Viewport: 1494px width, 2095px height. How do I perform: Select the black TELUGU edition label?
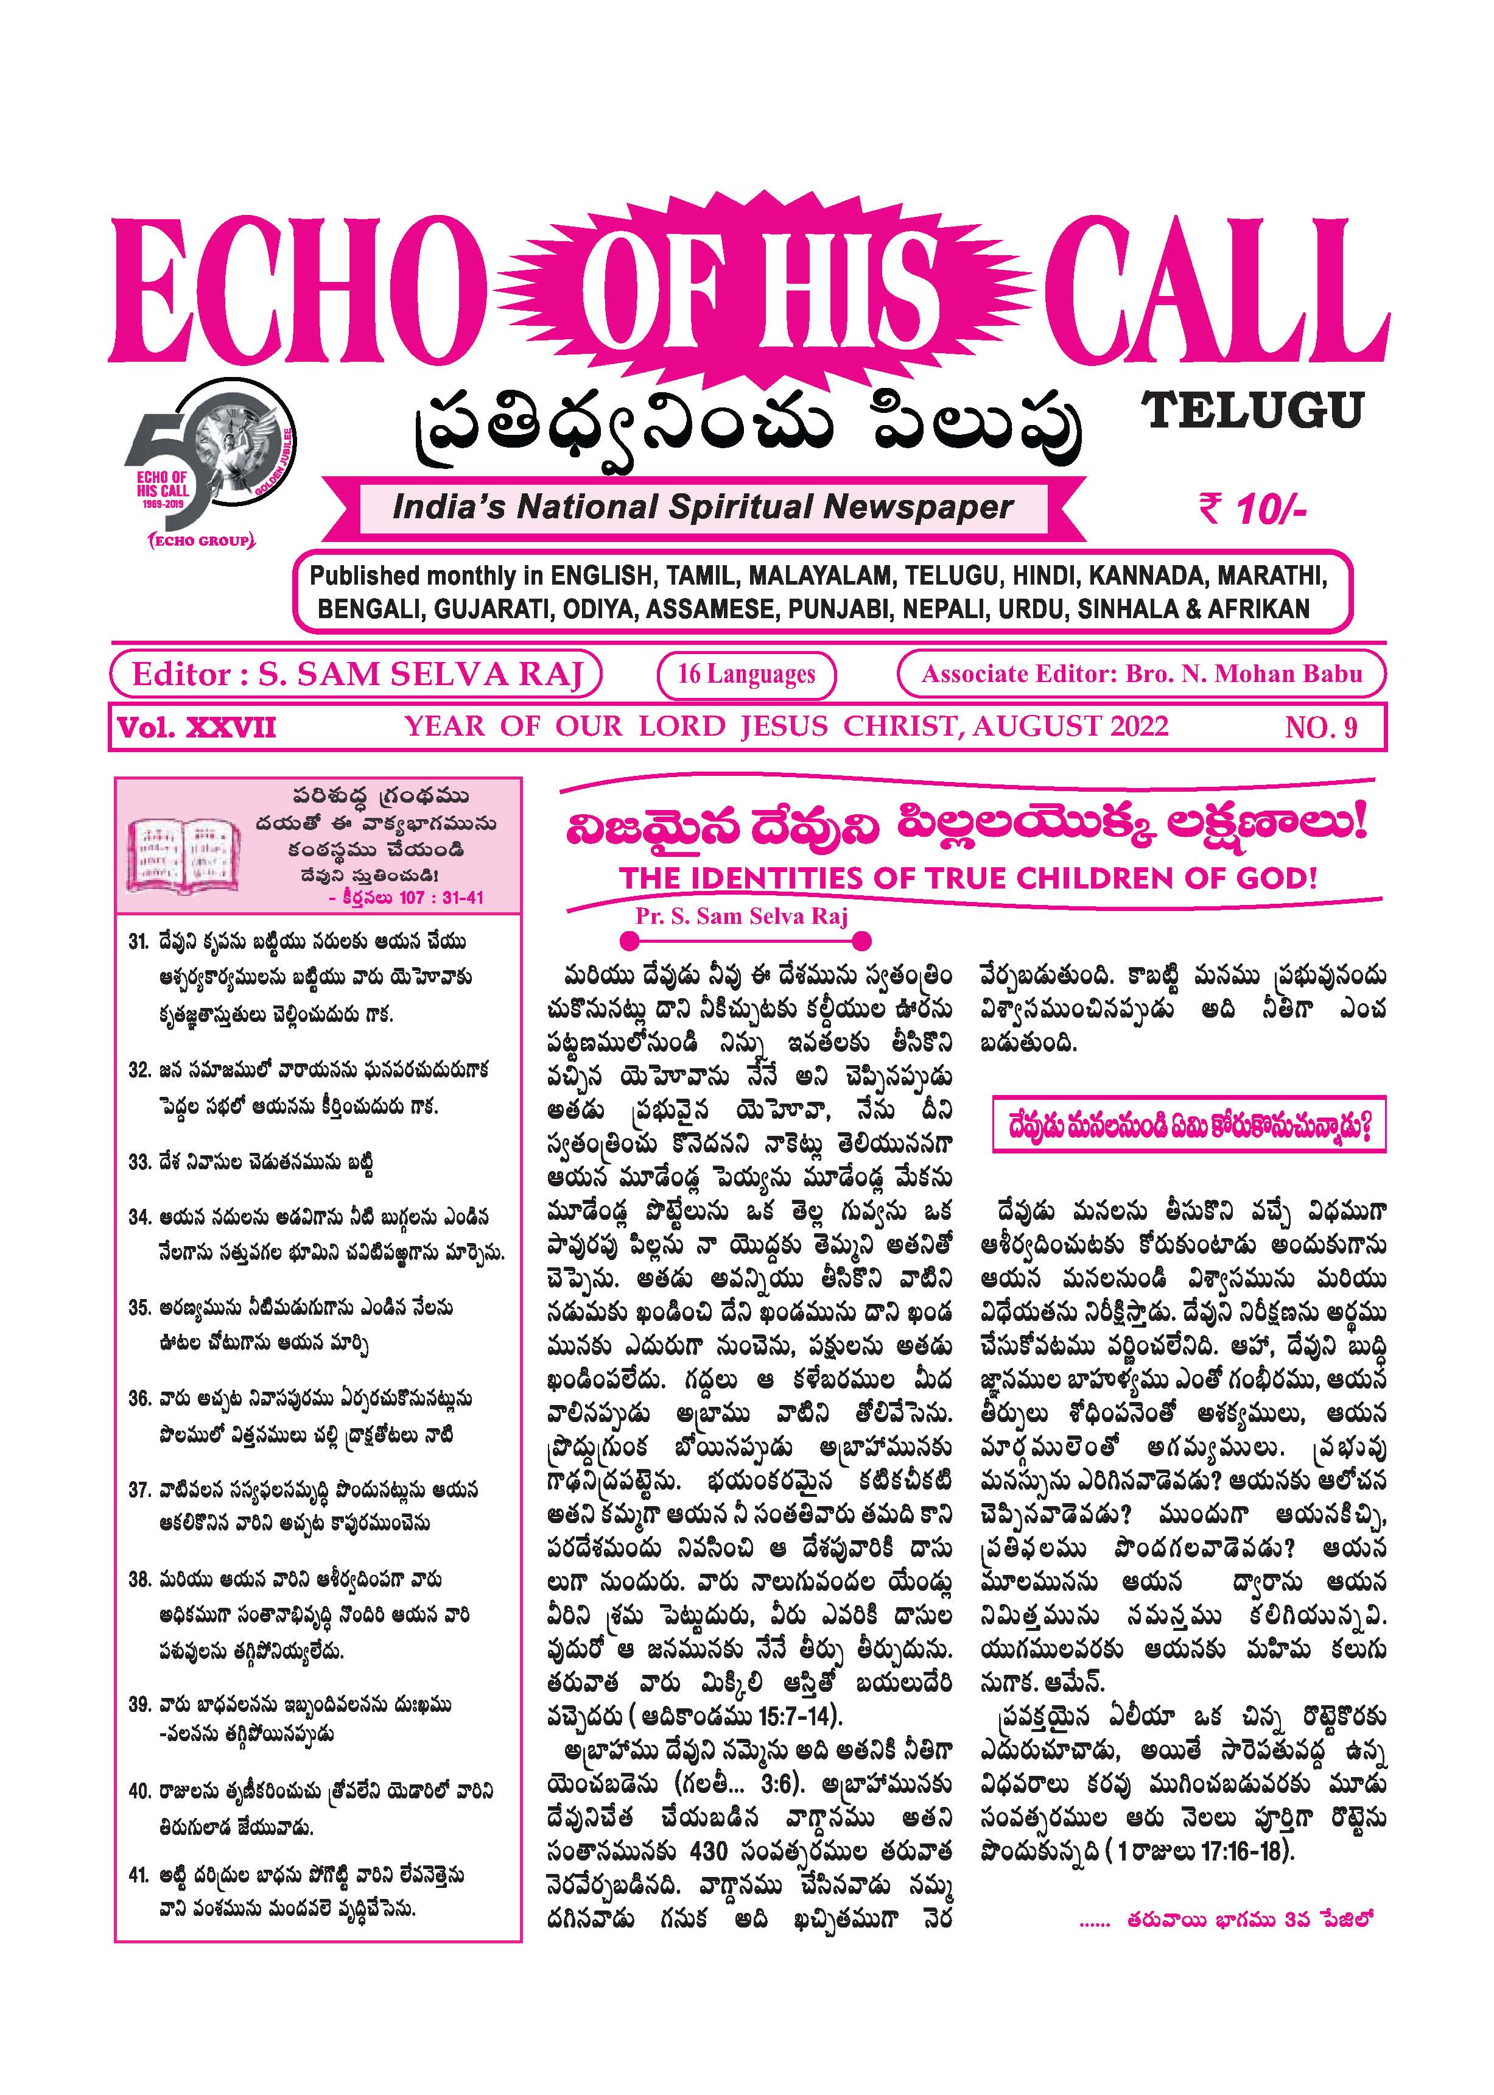[x=1252, y=410]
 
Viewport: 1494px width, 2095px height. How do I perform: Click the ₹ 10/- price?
[x=1252, y=508]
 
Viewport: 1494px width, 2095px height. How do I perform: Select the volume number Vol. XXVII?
[x=197, y=729]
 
